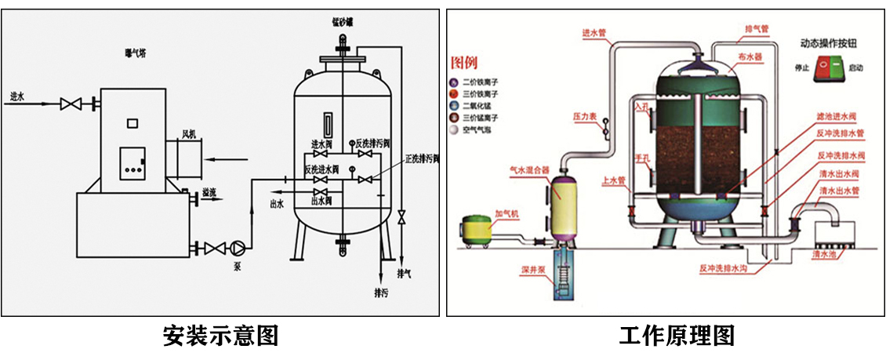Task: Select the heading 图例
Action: tap(463, 62)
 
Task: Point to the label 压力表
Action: tap(585, 116)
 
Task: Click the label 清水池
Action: tap(826, 254)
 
